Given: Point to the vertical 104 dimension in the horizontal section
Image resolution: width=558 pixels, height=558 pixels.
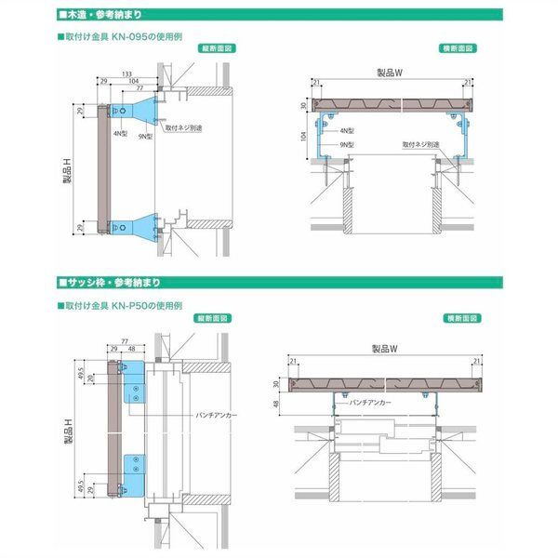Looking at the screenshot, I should [x=304, y=136].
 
